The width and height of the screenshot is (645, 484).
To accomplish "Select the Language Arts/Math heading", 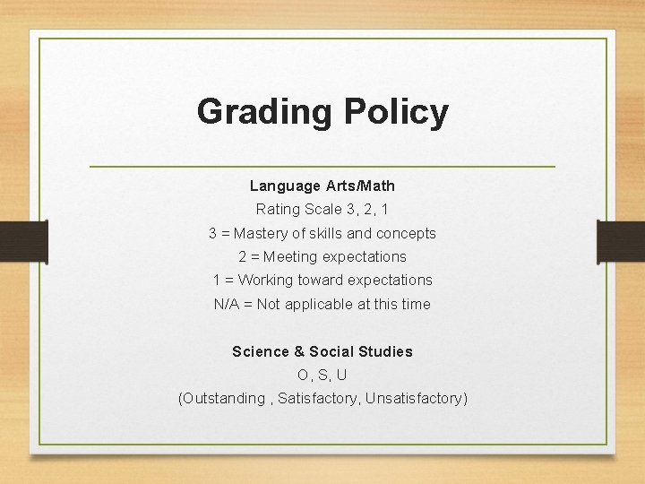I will tap(322, 186).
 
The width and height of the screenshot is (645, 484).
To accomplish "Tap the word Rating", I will tap(277, 210).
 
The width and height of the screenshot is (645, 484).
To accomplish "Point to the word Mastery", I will tap(262, 233).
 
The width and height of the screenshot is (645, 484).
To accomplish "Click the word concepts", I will tap(404, 233).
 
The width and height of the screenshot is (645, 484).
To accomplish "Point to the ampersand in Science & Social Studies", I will tap(297, 351).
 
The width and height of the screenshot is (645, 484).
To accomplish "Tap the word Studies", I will tap(385, 351).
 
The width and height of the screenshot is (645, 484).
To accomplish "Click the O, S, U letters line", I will tap(322, 375).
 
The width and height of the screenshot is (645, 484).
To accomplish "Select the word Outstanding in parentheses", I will tap(223, 398).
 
